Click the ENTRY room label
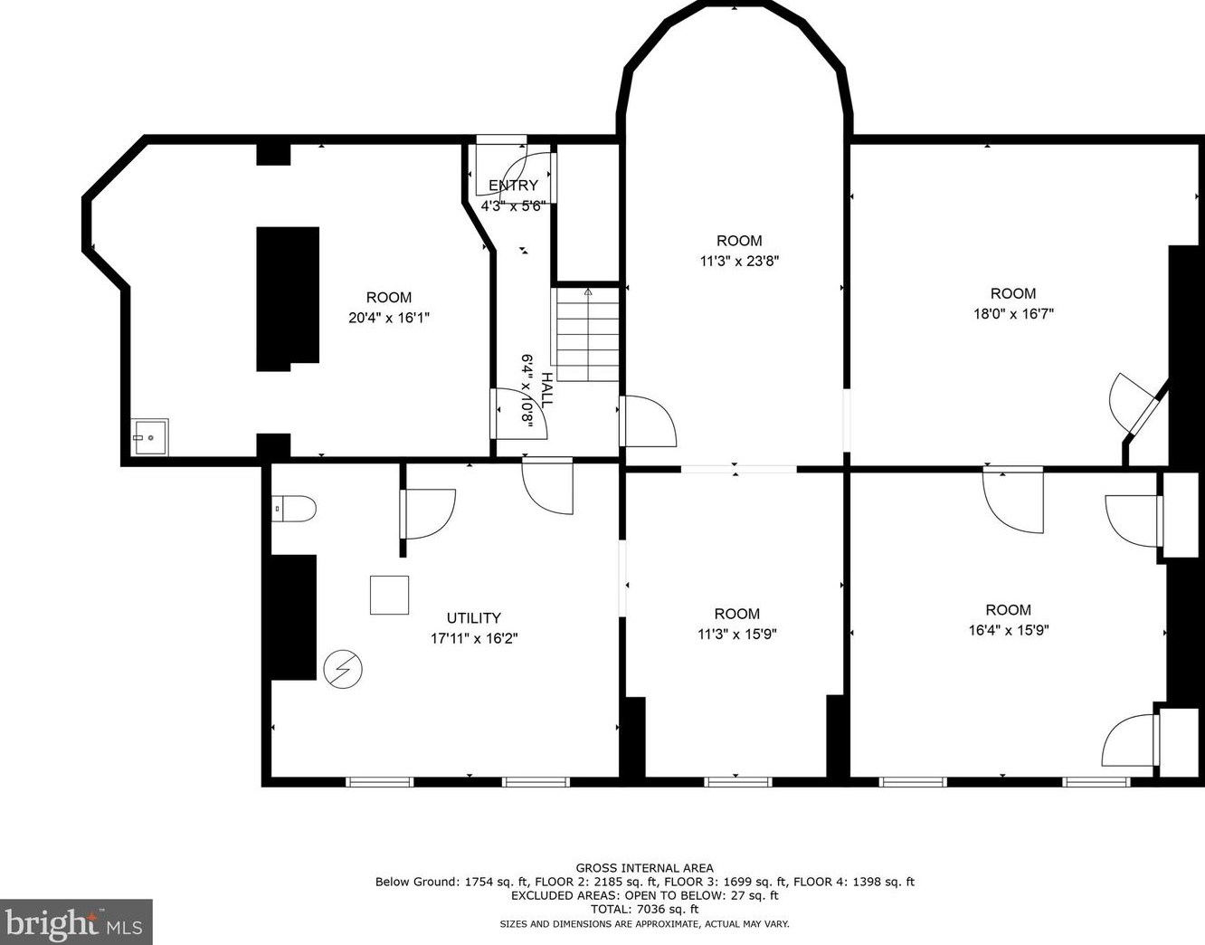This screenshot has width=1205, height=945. click(x=513, y=186)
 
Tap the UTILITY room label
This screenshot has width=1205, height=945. click(x=473, y=618)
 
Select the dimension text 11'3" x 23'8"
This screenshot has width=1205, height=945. click(x=739, y=261)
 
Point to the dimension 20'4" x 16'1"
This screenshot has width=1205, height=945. click(x=389, y=318)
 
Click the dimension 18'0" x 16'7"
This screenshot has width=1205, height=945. click(x=1013, y=314)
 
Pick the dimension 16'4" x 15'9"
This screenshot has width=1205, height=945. click(x=1009, y=631)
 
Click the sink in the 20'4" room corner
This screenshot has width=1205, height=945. click(x=150, y=437)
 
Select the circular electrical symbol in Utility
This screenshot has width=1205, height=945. click(x=343, y=670)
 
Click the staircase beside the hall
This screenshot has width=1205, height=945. click(x=587, y=334)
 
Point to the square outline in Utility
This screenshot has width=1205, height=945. click(x=389, y=595)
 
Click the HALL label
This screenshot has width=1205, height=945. click(x=546, y=390)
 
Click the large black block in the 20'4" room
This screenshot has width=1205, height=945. click(x=288, y=299)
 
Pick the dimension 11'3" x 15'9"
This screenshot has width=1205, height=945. click(x=737, y=634)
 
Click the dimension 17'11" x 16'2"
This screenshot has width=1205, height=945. click(x=474, y=638)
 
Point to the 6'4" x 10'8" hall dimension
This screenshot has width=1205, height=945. click(x=527, y=392)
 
